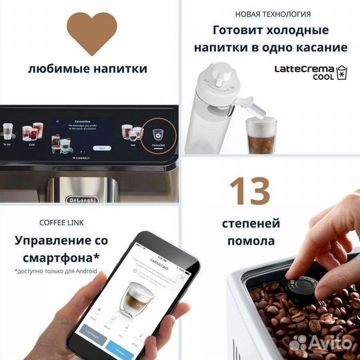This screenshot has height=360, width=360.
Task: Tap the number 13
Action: (x=252, y=191)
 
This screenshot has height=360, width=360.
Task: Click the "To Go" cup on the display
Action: (x=8, y=131)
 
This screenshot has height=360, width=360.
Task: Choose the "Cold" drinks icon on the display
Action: (x=30, y=132)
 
